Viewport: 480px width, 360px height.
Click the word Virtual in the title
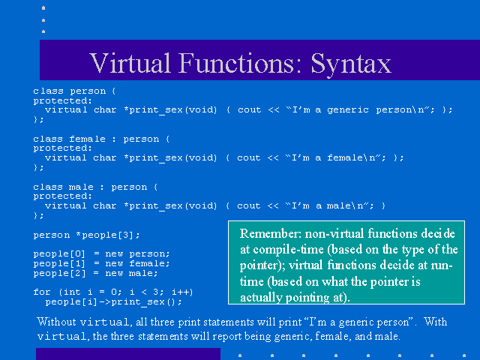point(130,63)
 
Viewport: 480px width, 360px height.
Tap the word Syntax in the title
point(351,64)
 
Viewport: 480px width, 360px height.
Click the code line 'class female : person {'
point(101,139)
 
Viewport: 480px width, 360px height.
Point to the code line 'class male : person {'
point(95,187)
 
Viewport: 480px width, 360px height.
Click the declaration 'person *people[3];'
point(87,235)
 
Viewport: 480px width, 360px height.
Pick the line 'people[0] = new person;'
point(101,253)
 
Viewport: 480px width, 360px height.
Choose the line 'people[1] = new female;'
point(101,263)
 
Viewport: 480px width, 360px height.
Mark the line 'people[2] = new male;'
point(95,273)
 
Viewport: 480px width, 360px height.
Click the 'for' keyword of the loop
point(42,292)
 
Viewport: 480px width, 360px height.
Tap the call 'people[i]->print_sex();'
point(113,301)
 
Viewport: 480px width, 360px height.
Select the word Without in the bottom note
point(56,322)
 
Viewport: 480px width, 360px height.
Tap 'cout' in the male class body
point(248,205)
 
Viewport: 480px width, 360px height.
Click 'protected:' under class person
point(62,100)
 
